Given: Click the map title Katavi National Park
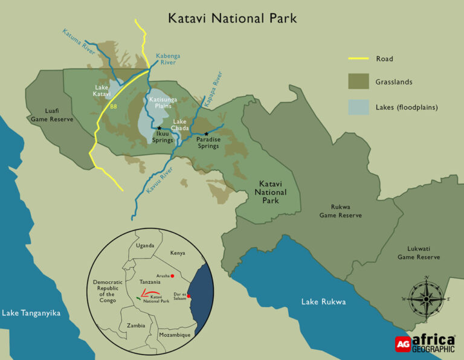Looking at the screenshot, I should [x=233, y=18].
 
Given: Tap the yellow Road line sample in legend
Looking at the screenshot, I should [x=359, y=59].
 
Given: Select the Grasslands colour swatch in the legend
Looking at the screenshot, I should [x=358, y=82].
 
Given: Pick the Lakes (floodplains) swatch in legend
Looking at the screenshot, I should [x=358, y=108].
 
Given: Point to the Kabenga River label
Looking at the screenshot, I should [x=168, y=59].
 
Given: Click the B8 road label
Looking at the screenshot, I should [x=113, y=107].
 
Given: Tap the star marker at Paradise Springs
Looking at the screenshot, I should [x=207, y=133].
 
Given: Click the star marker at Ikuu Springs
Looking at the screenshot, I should [x=159, y=128].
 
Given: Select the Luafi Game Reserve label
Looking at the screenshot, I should [x=51, y=115].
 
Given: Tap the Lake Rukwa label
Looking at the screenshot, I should [x=324, y=302].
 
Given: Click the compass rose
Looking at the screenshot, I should [x=426, y=298].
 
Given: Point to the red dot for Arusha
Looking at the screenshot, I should [x=173, y=276].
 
